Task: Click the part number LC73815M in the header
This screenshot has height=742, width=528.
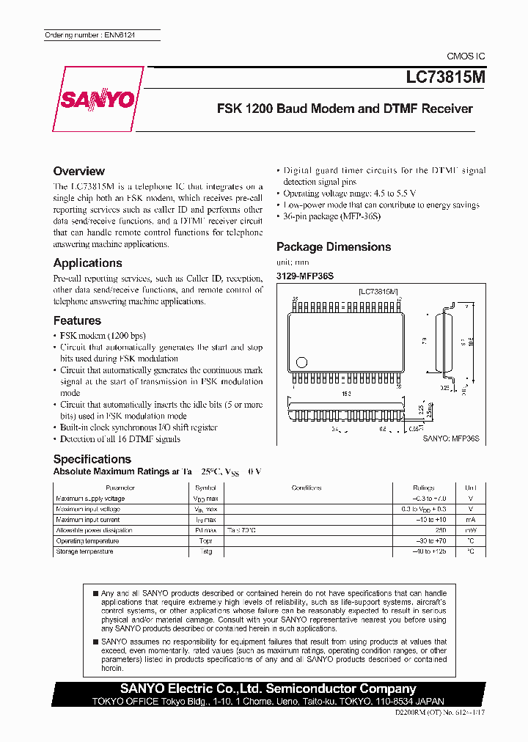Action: [x=445, y=76]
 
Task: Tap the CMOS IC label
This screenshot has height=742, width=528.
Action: [x=466, y=56]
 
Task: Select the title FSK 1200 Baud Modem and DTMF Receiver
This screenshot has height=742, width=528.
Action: [x=345, y=109]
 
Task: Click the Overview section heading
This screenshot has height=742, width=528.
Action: [x=79, y=171]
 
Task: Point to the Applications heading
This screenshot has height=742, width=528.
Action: [x=88, y=262]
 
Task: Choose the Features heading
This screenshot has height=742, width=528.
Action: [x=77, y=320]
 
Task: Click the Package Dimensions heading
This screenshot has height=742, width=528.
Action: [x=334, y=247]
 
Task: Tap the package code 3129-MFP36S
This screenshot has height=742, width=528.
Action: [x=304, y=276]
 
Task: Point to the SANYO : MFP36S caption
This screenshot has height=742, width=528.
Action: [x=450, y=438]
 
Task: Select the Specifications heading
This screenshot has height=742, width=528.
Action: [x=92, y=459]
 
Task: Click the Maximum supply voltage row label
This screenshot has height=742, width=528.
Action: [x=91, y=499]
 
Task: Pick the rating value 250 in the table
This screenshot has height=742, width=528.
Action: [x=440, y=530]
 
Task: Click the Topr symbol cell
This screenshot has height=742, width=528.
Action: [x=205, y=541]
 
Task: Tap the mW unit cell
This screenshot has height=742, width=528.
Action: [x=469, y=530]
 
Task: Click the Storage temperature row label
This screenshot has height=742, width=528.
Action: [x=85, y=551]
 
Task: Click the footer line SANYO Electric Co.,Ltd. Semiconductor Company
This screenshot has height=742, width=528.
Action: [x=268, y=688]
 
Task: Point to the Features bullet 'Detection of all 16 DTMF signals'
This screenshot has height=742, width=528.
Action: [x=120, y=439]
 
